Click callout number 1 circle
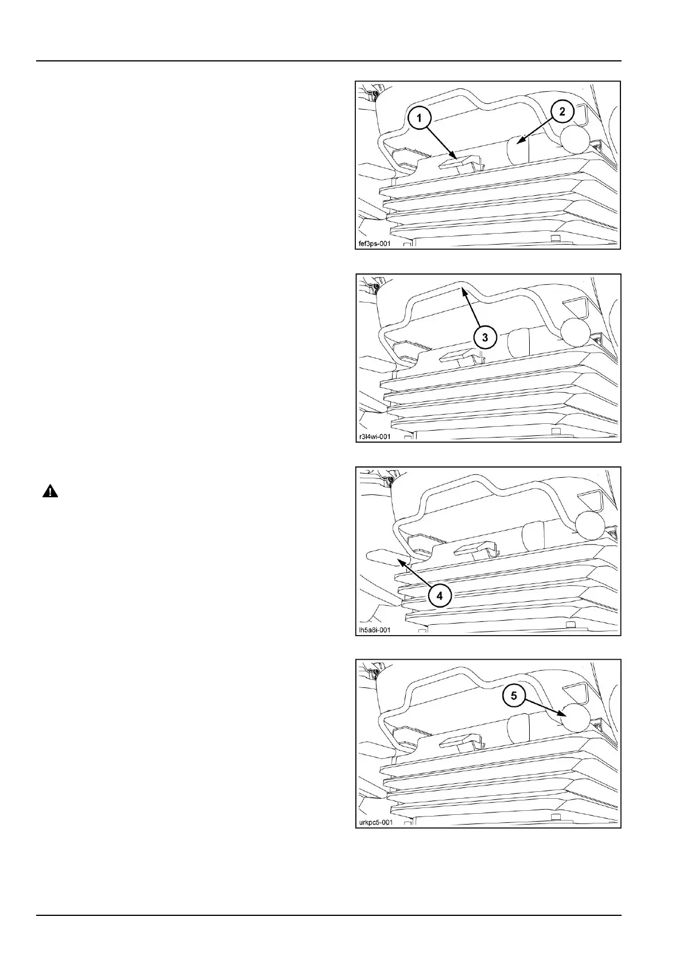420,118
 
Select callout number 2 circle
562,111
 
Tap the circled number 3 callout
485,337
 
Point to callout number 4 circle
439,595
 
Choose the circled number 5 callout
514,696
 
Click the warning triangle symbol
50,492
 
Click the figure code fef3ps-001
374,243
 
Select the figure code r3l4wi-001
374,436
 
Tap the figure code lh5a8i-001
374,629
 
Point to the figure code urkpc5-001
376,822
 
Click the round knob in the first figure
576,139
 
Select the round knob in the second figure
576,332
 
